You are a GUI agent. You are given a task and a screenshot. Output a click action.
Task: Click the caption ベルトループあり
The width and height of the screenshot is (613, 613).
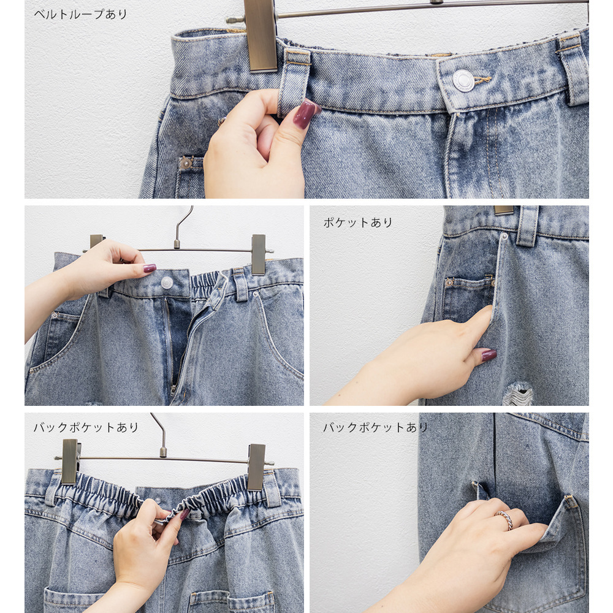(x=80, y=15)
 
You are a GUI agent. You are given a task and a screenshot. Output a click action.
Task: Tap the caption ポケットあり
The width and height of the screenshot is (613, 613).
(x=358, y=223)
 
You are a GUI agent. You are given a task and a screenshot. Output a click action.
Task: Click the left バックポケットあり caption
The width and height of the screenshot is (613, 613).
(x=86, y=427)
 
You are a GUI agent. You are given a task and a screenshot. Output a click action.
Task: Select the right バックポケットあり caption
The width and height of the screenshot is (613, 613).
(x=375, y=427)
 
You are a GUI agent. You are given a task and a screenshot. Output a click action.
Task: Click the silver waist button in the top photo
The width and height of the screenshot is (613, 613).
(x=463, y=80)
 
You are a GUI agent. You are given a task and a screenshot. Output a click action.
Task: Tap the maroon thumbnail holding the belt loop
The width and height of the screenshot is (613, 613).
(x=305, y=114)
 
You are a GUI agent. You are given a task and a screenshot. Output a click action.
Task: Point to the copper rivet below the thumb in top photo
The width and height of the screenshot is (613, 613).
(x=186, y=162)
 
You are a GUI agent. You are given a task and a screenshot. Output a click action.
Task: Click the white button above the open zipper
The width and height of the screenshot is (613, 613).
(x=167, y=282)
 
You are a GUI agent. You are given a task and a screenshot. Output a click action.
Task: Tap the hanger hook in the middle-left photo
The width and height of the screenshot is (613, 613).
(x=182, y=227)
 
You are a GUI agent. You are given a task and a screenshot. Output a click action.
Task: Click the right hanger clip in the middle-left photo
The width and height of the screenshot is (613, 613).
(x=259, y=254)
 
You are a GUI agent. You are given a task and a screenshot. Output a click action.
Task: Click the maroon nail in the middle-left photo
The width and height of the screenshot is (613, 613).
(x=150, y=268)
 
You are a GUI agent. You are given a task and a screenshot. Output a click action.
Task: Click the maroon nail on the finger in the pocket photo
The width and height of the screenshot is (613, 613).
(x=489, y=355)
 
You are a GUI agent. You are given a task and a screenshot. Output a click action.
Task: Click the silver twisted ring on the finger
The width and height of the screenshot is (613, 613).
(x=504, y=520)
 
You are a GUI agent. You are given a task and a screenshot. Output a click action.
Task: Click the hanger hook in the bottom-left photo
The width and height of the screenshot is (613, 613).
(x=160, y=435)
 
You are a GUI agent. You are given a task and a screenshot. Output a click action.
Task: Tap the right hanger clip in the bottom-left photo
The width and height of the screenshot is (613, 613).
(x=256, y=466)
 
